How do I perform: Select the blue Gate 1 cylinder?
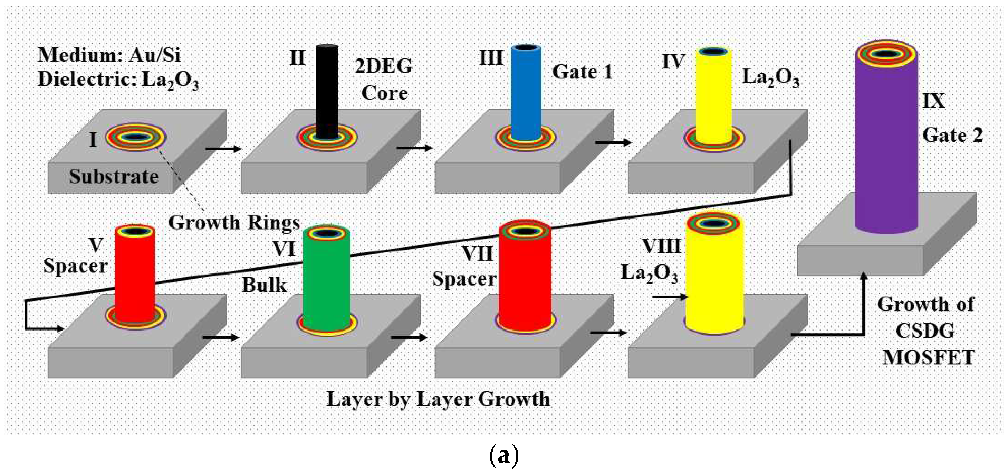click(526, 94)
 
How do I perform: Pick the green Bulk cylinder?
click(327, 282)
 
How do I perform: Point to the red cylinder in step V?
click(135, 278)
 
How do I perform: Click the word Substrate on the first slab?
click(114, 176)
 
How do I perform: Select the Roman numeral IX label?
click(934, 101)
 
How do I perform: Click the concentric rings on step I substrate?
click(136, 137)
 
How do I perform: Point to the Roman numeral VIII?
click(662, 246)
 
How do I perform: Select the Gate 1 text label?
click(582, 72)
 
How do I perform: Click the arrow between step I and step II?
click(223, 149)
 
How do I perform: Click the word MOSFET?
click(929, 357)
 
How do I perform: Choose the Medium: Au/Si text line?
click(109, 55)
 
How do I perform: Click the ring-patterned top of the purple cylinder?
click(886, 54)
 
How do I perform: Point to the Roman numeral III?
click(491, 58)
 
